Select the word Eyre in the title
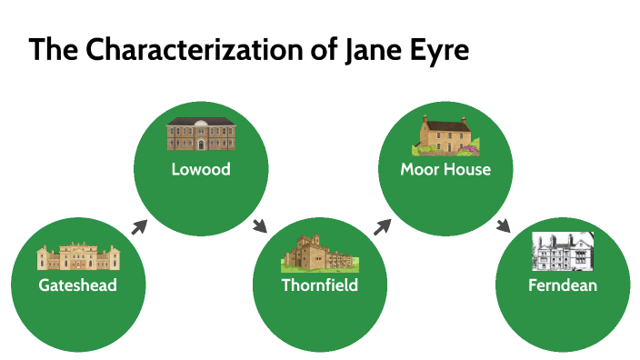(442, 49)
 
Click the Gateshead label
(78, 285)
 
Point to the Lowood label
(201, 169)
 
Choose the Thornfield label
(319, 285)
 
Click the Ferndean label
(563, 285)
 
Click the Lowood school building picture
(201, 134)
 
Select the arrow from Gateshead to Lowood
(139, 226)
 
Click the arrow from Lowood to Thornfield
(260, 226)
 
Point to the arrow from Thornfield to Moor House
(383, 226)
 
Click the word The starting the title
(55, 49)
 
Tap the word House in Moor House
(468, 169)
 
